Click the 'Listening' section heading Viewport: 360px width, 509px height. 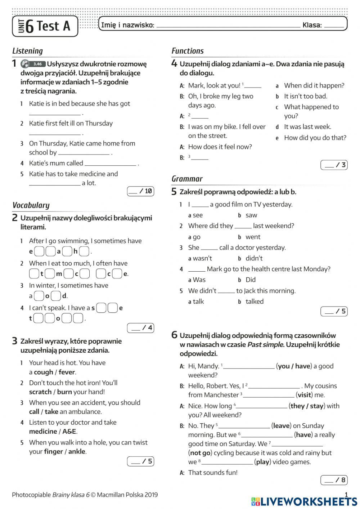click(x=27, y=51)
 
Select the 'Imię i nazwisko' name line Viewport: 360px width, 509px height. click(x=228, y=26)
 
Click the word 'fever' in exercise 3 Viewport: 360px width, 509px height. click(x=67, y=372)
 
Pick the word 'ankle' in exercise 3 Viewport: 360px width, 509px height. click(x=77, y=452)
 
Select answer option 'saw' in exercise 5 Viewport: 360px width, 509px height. click(x=251, y=215)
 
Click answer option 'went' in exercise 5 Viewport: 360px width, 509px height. click(x=253, y=237)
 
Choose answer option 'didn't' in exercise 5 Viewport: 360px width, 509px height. click(x=254, y=258)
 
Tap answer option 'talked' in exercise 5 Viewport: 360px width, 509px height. click(x=255, y=302)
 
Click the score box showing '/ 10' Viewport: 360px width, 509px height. click(x=141, y=191)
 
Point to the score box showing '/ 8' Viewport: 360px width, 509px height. click(x=334, y=480)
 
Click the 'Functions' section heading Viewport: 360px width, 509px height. click(x=188, y=51)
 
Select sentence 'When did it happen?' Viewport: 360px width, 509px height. click(x=314, y=85)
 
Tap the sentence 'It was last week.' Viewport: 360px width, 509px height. click(x=307, y=127)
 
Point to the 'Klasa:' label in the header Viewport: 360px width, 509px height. click(x=312, y=25)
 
